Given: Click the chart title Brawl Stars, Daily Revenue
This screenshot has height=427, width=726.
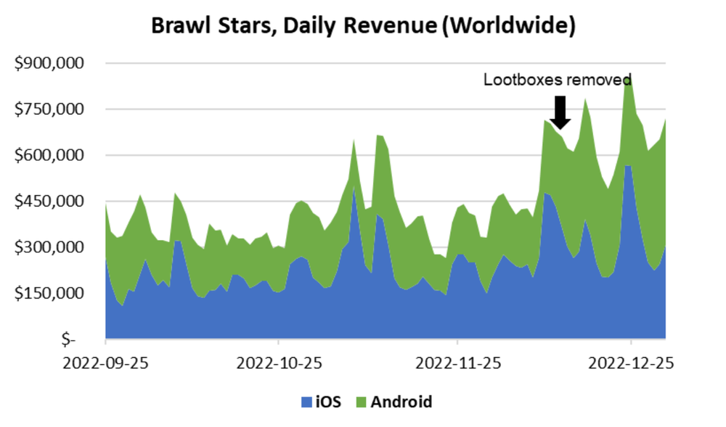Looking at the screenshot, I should [363, 26].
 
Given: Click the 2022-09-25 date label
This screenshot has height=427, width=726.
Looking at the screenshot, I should [105, 362].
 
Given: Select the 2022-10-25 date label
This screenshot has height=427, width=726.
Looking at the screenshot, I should [279, 362].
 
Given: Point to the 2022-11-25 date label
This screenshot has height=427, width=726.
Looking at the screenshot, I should [457, 362].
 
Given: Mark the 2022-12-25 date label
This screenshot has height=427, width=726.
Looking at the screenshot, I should [631, 362].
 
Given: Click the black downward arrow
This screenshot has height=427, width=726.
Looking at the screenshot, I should [559, 112].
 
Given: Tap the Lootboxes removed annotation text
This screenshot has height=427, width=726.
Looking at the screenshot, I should [558, 80].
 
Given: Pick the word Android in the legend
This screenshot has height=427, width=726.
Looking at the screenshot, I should [401, 402].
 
